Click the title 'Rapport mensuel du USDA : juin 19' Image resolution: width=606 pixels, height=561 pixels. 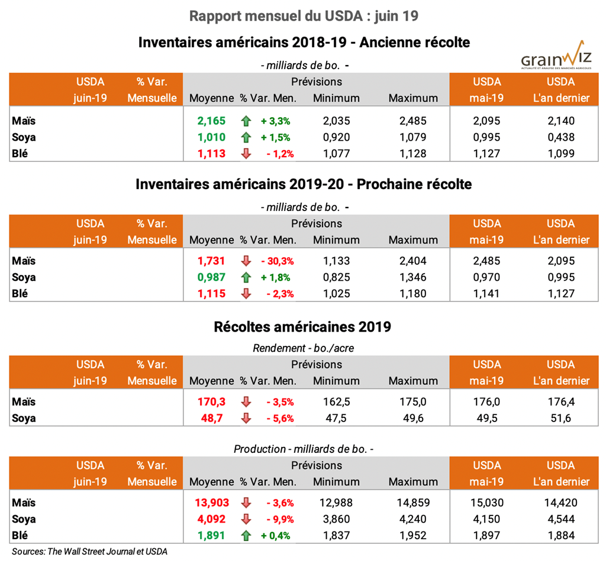(x=304, y=16)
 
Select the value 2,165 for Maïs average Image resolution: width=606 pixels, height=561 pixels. (x=211, y=121)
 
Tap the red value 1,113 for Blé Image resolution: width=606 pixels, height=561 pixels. (x=211, y=154)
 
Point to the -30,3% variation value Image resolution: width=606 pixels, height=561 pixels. (x=277, y=261)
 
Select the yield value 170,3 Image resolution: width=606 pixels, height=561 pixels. (x=211, y=402)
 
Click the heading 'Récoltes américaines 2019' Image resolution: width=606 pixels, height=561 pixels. (x=304, y=326)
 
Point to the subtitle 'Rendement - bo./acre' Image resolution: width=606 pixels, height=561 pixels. (x=304, y=348)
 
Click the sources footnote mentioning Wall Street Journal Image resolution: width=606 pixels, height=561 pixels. (x=89, y=552)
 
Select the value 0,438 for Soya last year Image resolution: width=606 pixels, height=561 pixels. (x=560, y=138)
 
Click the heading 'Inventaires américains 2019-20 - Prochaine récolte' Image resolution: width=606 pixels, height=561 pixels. (x=304, y=184)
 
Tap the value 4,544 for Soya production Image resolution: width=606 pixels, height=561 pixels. (x=560, y=520)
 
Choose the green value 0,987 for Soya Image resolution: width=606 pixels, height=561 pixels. (x=211, y=277)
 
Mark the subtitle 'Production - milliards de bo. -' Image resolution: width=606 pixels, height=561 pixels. (x=304, y=449)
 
